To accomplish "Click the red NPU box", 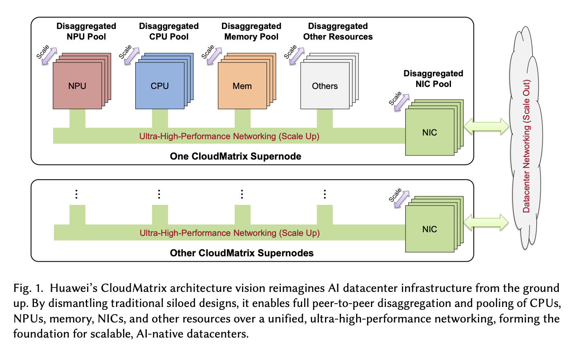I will [77, 86].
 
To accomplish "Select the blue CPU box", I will [159, 86].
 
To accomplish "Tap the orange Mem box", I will [242, 86].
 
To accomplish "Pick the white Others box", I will [325, 86].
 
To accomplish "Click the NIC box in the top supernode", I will [429, 132].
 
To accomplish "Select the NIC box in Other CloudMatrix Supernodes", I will [429, 229].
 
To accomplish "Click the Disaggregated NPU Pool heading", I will [86, 31].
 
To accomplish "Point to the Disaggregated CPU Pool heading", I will [169, 31].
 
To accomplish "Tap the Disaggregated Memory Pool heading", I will [251, 31].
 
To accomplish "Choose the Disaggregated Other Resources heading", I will [338, 31].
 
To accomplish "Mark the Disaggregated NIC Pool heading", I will [433, 79].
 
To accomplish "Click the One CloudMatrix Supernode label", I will [235, 156].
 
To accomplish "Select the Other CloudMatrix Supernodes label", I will [242, 253].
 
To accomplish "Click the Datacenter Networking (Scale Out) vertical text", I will [527, 146].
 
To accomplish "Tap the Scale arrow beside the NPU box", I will [49, 56].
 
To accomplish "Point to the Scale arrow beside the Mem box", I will [214, 56].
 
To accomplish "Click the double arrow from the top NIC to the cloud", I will [487, 126].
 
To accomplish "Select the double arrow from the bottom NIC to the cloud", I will [486, 223].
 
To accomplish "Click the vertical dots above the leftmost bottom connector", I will [76, 194].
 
